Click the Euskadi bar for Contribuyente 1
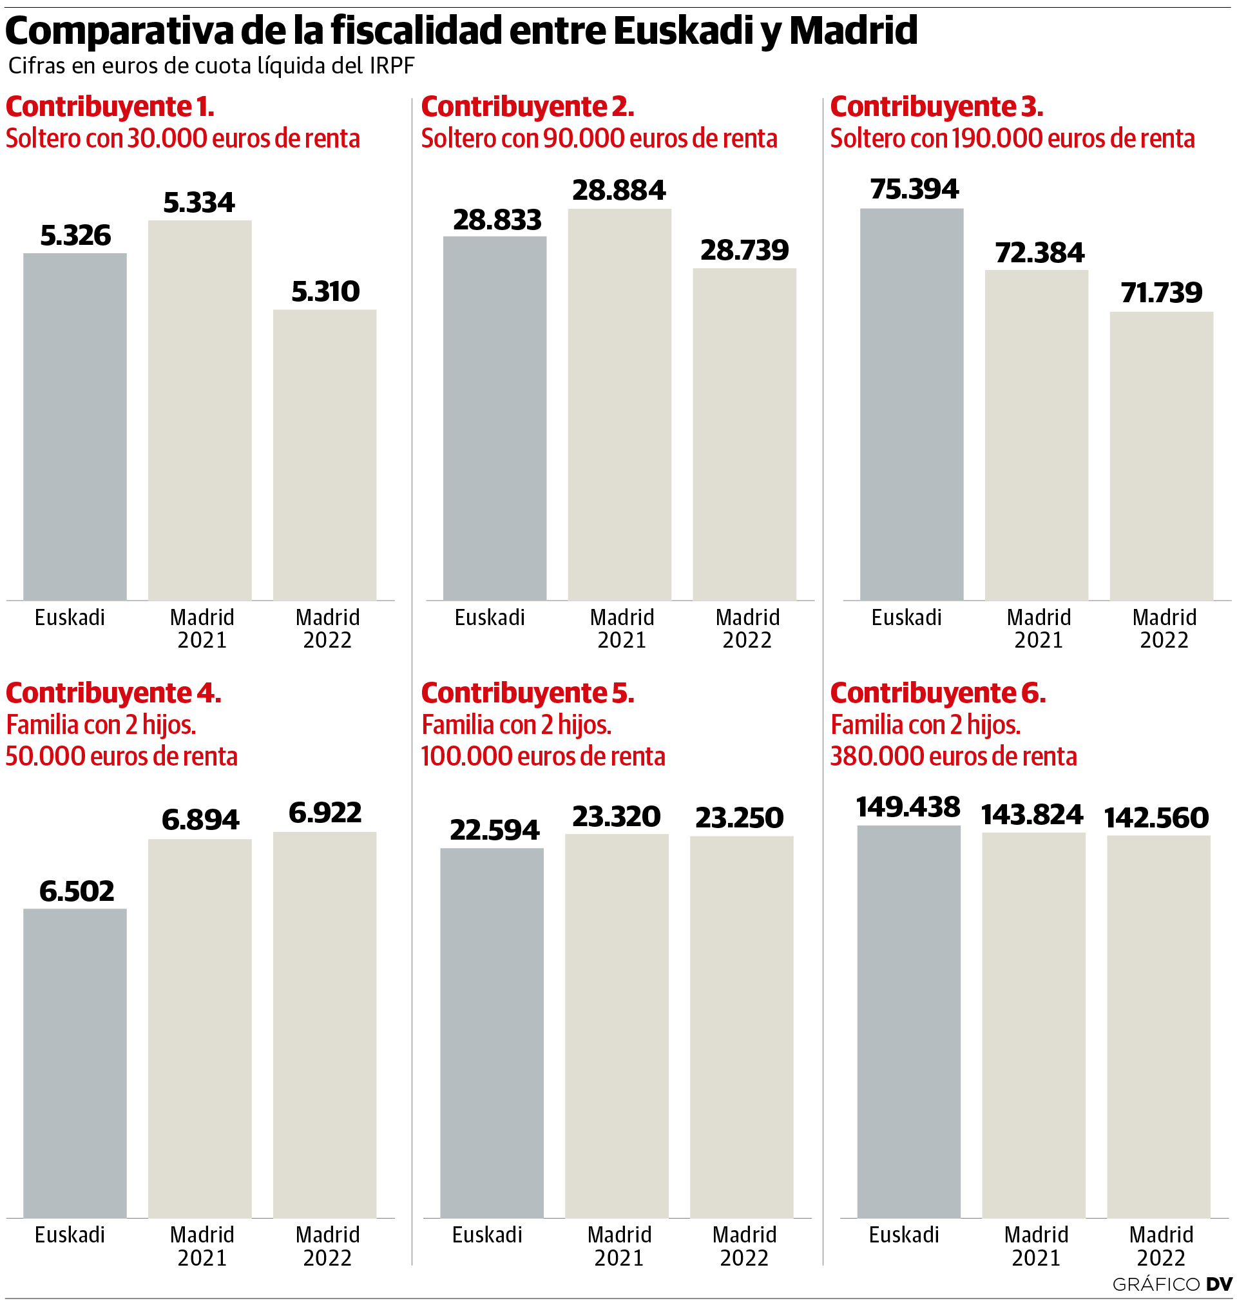coord(75,426)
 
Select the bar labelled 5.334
coord(200,409)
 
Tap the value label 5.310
coord(326,291)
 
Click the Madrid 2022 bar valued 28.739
coord(744,433)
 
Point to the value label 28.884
coord(619,190)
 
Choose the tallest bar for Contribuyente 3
coord(911,403)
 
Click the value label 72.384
coord(1040,253)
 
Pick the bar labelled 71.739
coord(1161,455)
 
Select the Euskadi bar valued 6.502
coord(75,1063)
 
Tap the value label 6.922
coord(325,813)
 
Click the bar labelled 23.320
coord(617,1025)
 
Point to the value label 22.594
coord(495,829)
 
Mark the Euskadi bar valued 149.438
coord(908,1021)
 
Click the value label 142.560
coord(1156,818)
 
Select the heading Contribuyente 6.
coord(937,693)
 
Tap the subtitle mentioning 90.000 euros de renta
coord(599,139)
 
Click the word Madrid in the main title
coord(853,30)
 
